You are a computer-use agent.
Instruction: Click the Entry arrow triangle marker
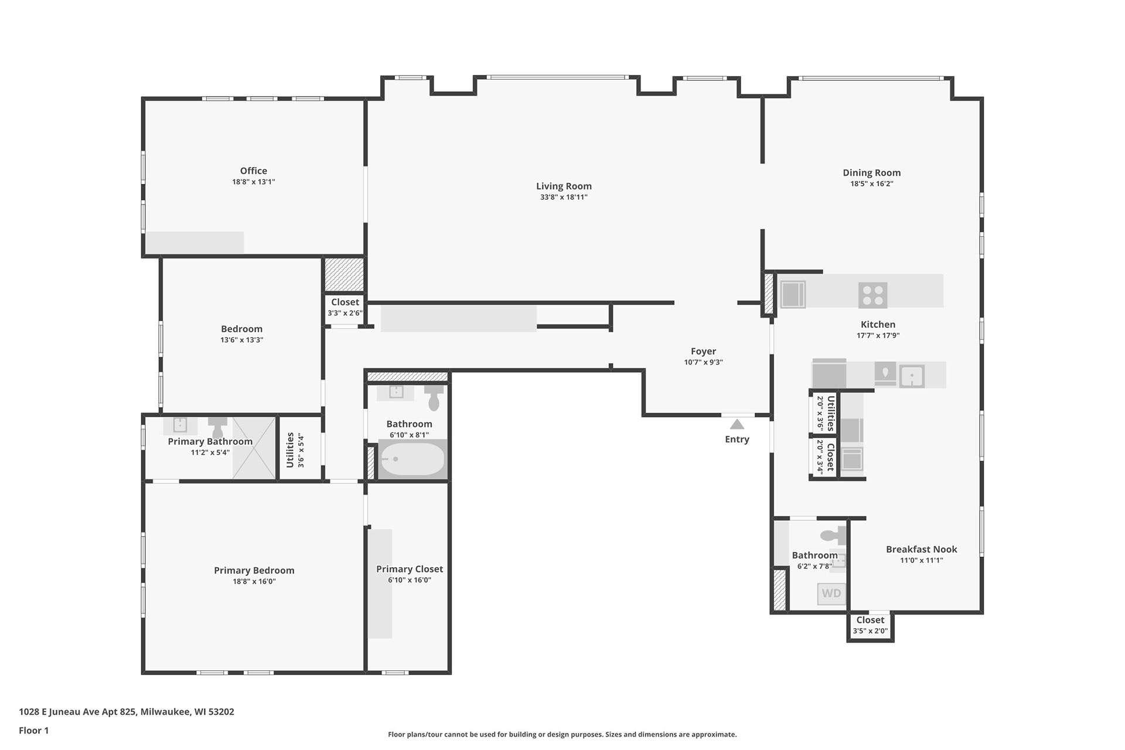point(737,424)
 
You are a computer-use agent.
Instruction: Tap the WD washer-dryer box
point(831,594)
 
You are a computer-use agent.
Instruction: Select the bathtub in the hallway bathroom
point(412,459)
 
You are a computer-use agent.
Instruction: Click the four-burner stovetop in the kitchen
point(872,295)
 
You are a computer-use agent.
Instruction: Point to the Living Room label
point(564,186)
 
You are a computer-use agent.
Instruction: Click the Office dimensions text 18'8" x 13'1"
point(253,182)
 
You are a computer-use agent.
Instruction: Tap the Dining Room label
point(872,173)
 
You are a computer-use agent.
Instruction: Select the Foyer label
point(703,352)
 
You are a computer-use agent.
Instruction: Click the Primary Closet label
point(410,569)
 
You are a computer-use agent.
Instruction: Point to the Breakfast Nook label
point(922,550)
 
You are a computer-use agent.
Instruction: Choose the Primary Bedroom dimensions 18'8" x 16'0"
point(254,582)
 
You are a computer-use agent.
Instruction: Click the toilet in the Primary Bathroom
point(218,425)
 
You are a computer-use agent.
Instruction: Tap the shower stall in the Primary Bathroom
point(254,448)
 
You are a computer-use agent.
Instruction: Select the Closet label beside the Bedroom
point(345,302)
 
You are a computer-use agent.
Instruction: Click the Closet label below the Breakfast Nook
point(870,620)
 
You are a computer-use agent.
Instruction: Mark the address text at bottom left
point(127,712)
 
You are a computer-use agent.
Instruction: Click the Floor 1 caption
point(34,731)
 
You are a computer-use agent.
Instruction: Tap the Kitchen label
point(878,325)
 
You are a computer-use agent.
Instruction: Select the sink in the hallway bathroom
point(396,392)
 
